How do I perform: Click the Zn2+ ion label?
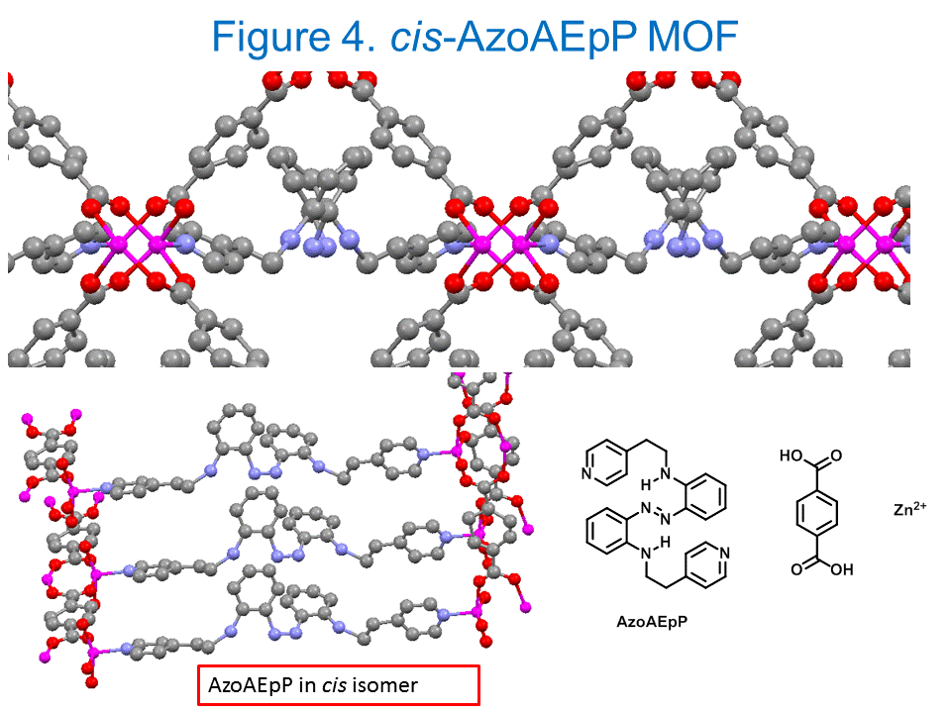click(910, 511)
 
